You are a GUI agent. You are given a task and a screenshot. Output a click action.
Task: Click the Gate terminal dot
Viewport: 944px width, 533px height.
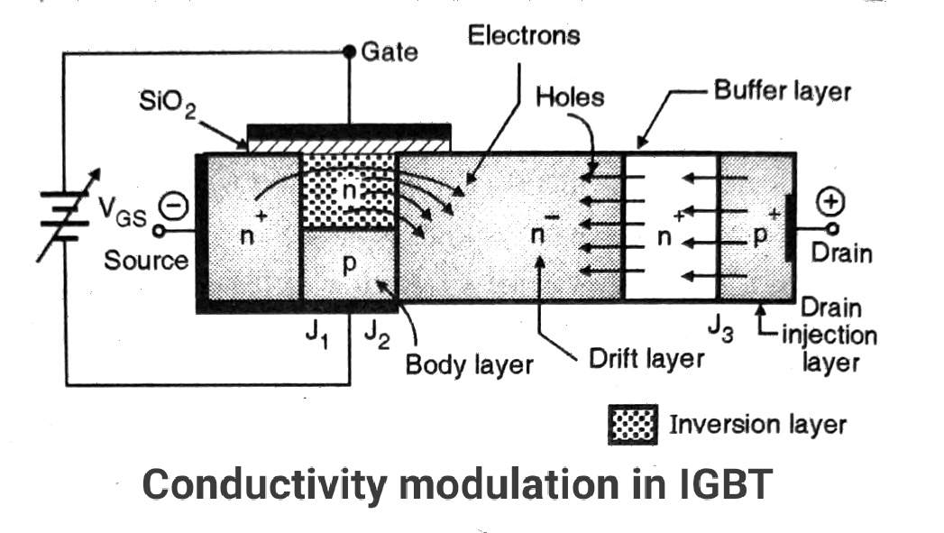coord(350,51)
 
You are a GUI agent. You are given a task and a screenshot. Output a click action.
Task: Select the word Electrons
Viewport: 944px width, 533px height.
coord(523,36)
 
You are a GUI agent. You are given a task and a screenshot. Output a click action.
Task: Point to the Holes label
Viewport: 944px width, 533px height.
coord(570,96)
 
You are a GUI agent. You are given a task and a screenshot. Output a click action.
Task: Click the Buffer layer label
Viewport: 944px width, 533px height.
coord(782,91)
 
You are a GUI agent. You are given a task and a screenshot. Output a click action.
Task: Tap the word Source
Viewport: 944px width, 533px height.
coord(146,262)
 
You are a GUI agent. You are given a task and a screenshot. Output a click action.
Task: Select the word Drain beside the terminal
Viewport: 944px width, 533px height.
coord(841,253)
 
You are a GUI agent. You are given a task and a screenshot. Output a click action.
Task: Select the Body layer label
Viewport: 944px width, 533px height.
coord(469,365)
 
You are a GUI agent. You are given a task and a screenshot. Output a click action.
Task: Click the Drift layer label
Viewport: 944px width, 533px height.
coord(646,358)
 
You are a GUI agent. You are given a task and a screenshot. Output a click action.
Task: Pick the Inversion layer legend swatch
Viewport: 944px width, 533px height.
coord(632,424)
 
